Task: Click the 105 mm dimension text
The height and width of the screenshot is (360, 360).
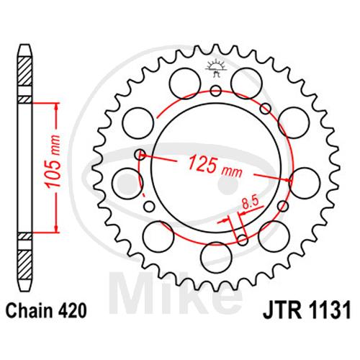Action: pyautogui.click(x=53, y=161)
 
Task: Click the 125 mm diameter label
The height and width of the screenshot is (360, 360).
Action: pyautogui.click(x=215, y=166)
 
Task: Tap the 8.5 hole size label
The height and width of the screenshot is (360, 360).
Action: pyautogui.click(x=250, y=204)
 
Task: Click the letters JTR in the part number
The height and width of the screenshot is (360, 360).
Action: pyautogui.click(x=282, y=311)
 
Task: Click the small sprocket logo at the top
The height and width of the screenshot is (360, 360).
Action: pyautogui.click(x=216, y=68)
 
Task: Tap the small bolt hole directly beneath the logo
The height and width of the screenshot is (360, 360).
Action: pyautogui.click(x=216, y=91)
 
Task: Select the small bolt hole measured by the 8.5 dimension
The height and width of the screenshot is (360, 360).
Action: pyautogui.click(x=243, y=240)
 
